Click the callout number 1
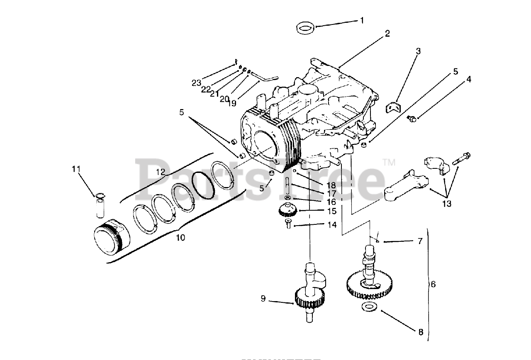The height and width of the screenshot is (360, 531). click(361, 20)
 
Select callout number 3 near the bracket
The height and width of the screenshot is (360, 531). click(418, 51)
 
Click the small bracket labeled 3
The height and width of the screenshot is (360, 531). click(395, 108)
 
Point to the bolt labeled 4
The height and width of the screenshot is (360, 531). click(412, 119)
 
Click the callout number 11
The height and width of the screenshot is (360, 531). click(76, 169)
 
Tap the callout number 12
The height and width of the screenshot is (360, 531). click(161, 171)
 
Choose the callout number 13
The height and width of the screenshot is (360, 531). click(446, 204)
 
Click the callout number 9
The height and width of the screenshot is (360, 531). click(263, 298)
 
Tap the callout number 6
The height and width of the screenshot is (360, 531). click(433, 284)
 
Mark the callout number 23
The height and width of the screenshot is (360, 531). click(196, 83)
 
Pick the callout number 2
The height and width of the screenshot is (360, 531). click(387, 34)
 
